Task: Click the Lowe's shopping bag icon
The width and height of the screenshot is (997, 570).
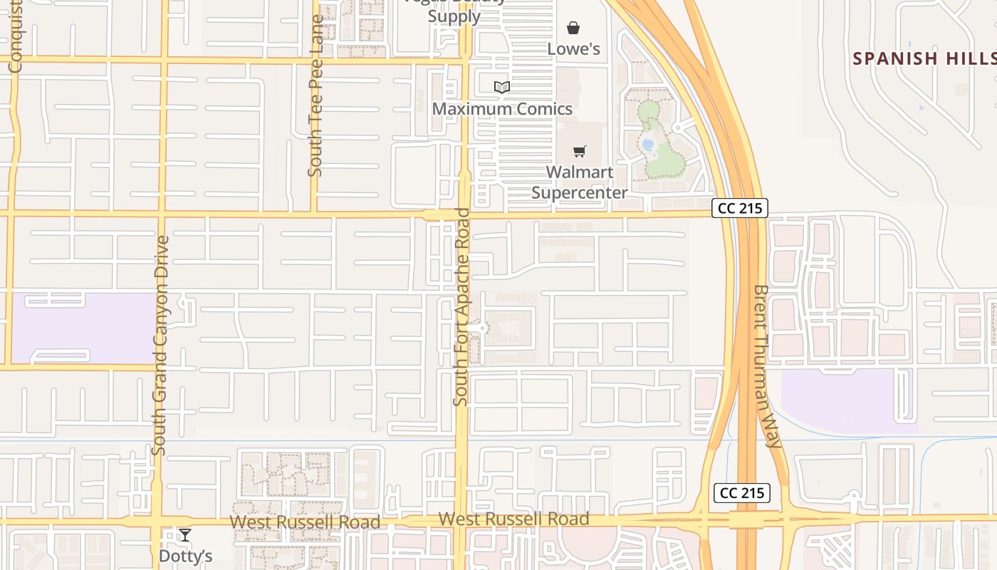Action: point(573,28)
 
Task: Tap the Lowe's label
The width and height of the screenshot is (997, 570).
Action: point(573,48)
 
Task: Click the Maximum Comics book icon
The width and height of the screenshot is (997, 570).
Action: point(502,87)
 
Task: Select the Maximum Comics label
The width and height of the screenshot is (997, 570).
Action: point(502,108)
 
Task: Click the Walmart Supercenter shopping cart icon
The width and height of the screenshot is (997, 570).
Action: point(580,151)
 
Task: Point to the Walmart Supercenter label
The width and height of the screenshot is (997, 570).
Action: point(580,182)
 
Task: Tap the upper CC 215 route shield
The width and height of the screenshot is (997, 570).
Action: point(740,208)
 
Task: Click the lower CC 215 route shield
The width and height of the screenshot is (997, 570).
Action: point(742,492)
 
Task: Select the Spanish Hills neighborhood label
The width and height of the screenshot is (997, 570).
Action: point(924,58)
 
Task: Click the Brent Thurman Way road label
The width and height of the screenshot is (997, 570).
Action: point(768,366)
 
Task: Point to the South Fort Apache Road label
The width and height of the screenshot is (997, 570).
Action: point(462,307)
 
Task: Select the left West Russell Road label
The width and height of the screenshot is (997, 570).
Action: point(305,522)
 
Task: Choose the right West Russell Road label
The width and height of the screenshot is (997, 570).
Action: point(513,519)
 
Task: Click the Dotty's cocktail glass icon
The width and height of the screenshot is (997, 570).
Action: point(185,535)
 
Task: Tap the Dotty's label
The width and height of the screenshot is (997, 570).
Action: point(185,555)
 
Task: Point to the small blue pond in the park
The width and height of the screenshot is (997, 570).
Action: point(648,145)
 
